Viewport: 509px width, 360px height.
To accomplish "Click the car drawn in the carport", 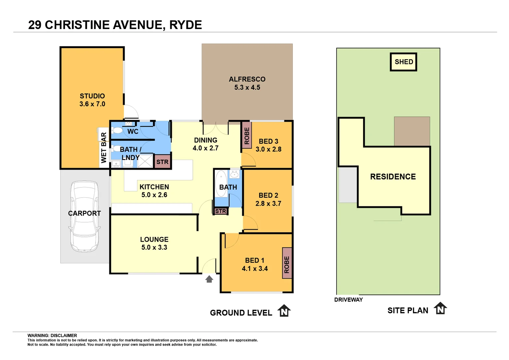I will click(x=84, y=217).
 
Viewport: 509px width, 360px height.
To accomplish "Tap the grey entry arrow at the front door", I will click(x=209, y=279).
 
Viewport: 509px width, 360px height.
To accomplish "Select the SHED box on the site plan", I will click(x=403, y=62).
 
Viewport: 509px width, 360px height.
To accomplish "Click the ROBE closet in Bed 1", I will click(x=287, y=263).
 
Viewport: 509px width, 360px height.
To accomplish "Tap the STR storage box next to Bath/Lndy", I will click(x=163, y=162).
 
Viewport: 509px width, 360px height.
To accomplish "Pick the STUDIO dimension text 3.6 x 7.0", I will click(x=92, y=104).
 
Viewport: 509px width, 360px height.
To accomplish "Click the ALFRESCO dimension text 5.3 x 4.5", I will click(x=247, y=87).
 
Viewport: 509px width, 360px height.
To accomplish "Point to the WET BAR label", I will click(x=104, y=147).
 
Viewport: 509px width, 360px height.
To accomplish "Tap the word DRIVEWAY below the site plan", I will click(x=348, y=300).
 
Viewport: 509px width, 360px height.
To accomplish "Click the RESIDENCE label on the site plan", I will click(x=393, y=177).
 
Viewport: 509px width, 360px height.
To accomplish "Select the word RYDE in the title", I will click(x=186, y=25).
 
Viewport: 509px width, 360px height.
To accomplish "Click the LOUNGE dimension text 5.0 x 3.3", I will click(x=154, y=247).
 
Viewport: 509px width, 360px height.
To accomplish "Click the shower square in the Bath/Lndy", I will click(x=145, y=161).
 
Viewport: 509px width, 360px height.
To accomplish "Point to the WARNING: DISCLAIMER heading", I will click(x=52, y=335).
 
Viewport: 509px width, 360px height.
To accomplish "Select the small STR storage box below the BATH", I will click(x=221, y=211).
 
